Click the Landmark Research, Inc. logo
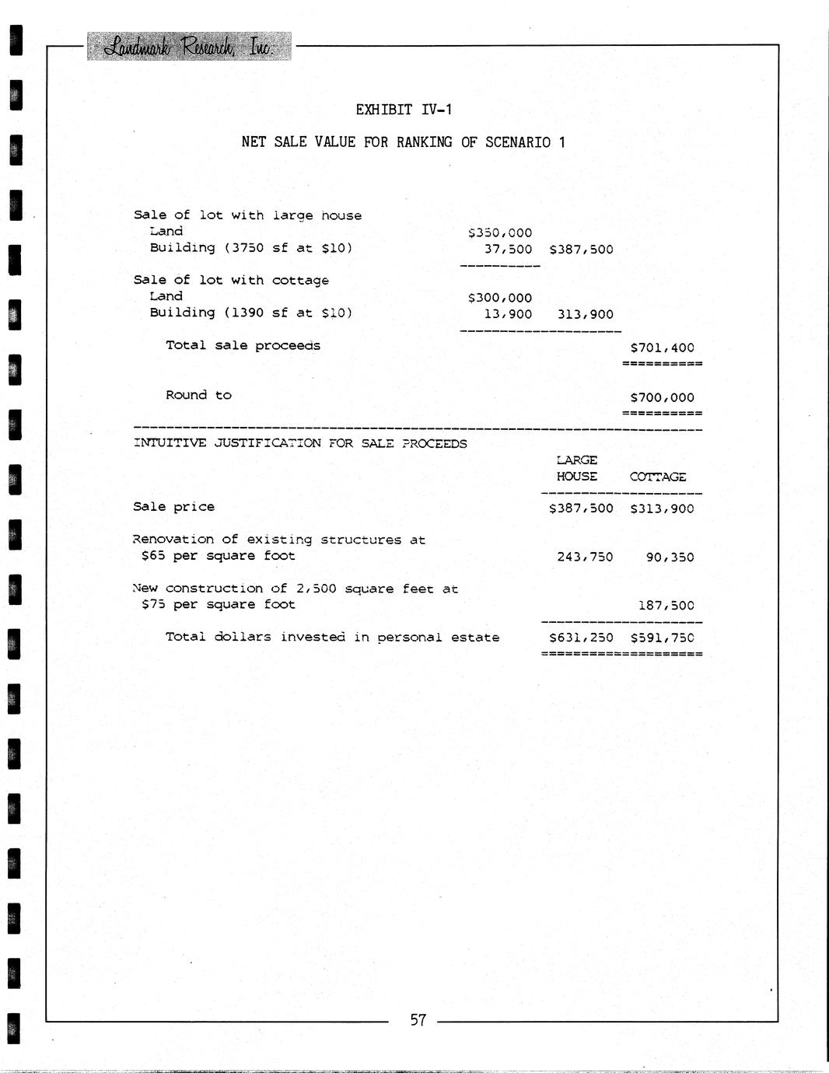click(x=188, y=47)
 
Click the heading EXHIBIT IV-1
click(x=404, y=110)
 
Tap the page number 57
click(x=418, y=1020)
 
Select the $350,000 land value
click(x=500, y=232)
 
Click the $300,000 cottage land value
click(x=500, y=298)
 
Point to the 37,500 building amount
click(x=508, y=250)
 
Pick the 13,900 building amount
click(x=508, y=315)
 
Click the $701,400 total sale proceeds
click(x=662, y=348)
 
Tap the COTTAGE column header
click(x=658, y=477)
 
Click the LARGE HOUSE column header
click(x=577, y=469)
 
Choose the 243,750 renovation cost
click(x=585, y=557)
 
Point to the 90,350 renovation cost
click(x=670, y=557)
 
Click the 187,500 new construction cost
click(x=666, y=606)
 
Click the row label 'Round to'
click(x=198, y=396)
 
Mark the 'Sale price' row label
click(x=173, y=507)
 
